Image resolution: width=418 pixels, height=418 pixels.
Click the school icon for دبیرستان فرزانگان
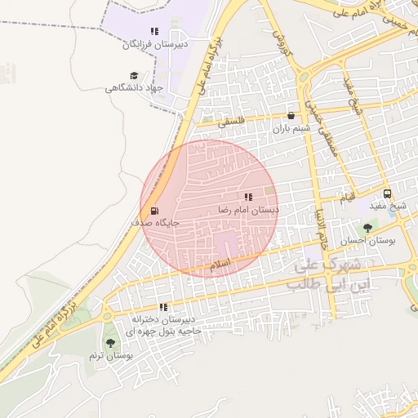[155, 32]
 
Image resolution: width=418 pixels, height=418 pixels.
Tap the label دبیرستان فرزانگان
[155, 45]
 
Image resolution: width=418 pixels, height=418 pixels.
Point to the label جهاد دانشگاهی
[135, 87]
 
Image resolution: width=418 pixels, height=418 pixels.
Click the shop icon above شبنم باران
[291, 115]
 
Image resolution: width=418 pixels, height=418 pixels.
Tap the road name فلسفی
[229, 123]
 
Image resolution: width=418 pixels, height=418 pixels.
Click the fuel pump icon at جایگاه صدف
[155, 210]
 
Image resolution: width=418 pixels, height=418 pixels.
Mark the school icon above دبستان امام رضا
[248, 197]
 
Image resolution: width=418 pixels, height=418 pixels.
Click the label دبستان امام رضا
[248, 210]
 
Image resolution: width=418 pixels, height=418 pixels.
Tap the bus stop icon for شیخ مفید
[387, 194]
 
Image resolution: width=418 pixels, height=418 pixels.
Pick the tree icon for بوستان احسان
[367, 228]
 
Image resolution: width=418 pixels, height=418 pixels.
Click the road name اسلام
[220, 265]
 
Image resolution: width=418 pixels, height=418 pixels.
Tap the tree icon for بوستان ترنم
[110, 343]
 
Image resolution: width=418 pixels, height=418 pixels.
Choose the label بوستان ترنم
[111, 357]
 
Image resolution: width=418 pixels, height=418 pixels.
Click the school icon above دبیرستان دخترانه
[163, 307]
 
